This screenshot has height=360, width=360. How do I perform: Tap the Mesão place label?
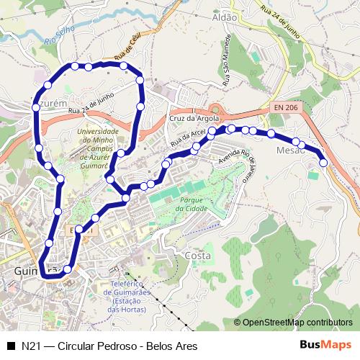(x=291, y=150)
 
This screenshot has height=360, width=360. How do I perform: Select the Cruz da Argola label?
(x=193, y=117)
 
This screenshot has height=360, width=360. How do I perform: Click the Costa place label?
(x=197, y=256)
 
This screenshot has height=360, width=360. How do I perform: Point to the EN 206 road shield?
(x=285, y=107)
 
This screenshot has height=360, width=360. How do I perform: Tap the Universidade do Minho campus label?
(x=102, y=148)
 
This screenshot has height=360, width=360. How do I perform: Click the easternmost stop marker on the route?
(x=323, y=163)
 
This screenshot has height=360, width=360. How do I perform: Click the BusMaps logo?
(x=325, y=345)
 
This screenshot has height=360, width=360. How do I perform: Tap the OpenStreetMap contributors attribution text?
(x=298, y=322)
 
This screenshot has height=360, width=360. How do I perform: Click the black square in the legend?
(x=10, y=345)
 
